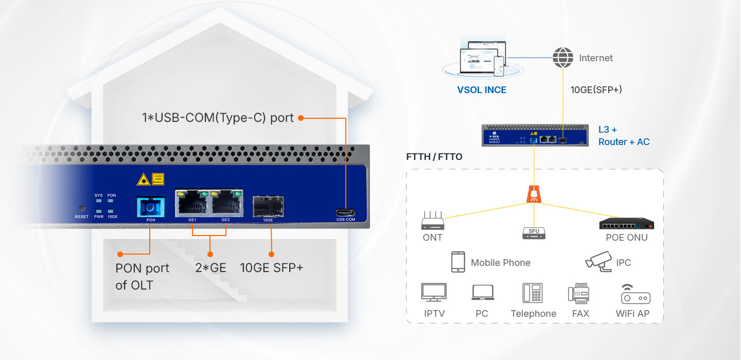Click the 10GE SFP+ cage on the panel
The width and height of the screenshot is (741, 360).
(x=268, y=206)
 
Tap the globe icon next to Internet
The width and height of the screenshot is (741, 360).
(x=562, y=58)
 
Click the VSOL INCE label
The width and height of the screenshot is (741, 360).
(x=482, y=90)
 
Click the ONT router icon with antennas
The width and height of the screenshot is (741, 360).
(x=432, y=222)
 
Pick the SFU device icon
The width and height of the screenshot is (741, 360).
(x=534, y=233)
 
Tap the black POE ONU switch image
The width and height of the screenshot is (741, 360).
(x=626, y=224)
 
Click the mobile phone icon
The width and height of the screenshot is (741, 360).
(x=458, y=262)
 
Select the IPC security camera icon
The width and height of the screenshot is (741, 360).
(x=598, y=261)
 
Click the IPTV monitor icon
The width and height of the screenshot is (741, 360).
(x=434, y=292)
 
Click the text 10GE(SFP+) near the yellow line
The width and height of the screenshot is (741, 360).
(x=596, y=90)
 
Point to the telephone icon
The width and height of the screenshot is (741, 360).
(x=533, y=293)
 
